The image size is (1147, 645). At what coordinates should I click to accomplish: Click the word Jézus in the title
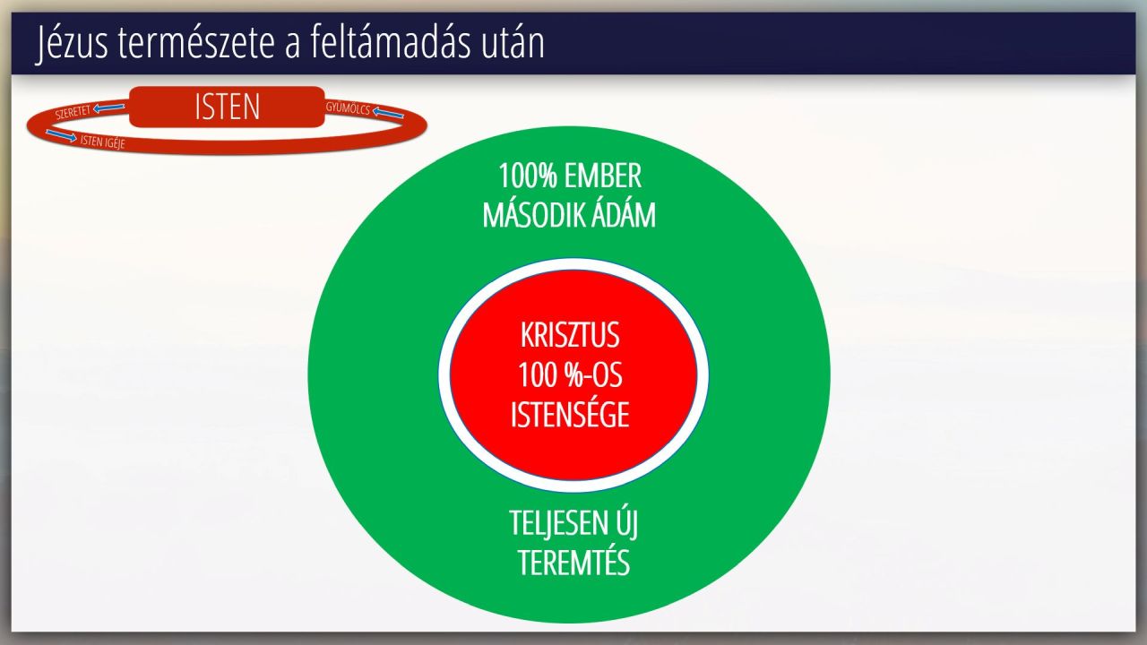(73, 43)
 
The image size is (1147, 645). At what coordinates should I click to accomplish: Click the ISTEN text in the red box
(228, 107)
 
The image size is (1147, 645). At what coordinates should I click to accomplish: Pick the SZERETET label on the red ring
(73, 112)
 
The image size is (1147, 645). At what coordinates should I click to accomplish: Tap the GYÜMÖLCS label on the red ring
(348, 108)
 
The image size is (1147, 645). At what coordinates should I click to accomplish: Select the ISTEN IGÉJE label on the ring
(102, 142)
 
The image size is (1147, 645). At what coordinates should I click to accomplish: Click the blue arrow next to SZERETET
(109, 107)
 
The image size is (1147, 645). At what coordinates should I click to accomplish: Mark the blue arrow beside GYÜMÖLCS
(388, 112)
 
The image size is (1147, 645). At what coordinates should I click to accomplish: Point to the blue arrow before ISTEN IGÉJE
(62, 135)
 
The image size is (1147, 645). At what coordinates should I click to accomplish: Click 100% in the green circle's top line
(528, 176)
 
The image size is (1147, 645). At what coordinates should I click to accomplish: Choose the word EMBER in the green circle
(603, 176)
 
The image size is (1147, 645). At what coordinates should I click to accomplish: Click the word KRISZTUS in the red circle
(570, 335)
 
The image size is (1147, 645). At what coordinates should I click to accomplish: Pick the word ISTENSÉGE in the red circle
(570, 414)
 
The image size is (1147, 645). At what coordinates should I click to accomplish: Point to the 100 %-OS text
(570, 374)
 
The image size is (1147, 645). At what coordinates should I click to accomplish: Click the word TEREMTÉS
(573, 563)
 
